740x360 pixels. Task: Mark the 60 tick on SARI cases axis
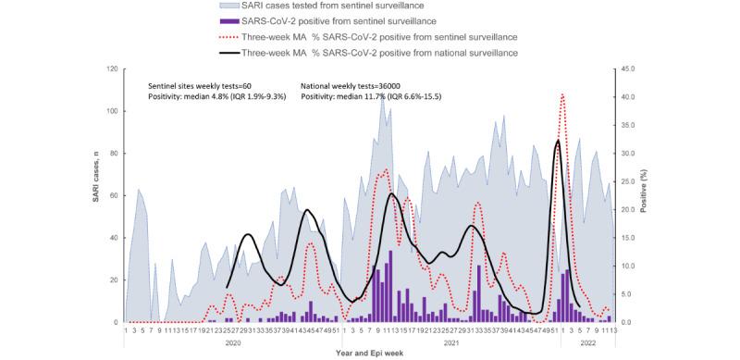[x=112, y=195]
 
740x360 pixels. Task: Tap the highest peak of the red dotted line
[x=562, y=94]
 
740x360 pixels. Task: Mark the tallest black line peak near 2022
[x=557, y=141]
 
